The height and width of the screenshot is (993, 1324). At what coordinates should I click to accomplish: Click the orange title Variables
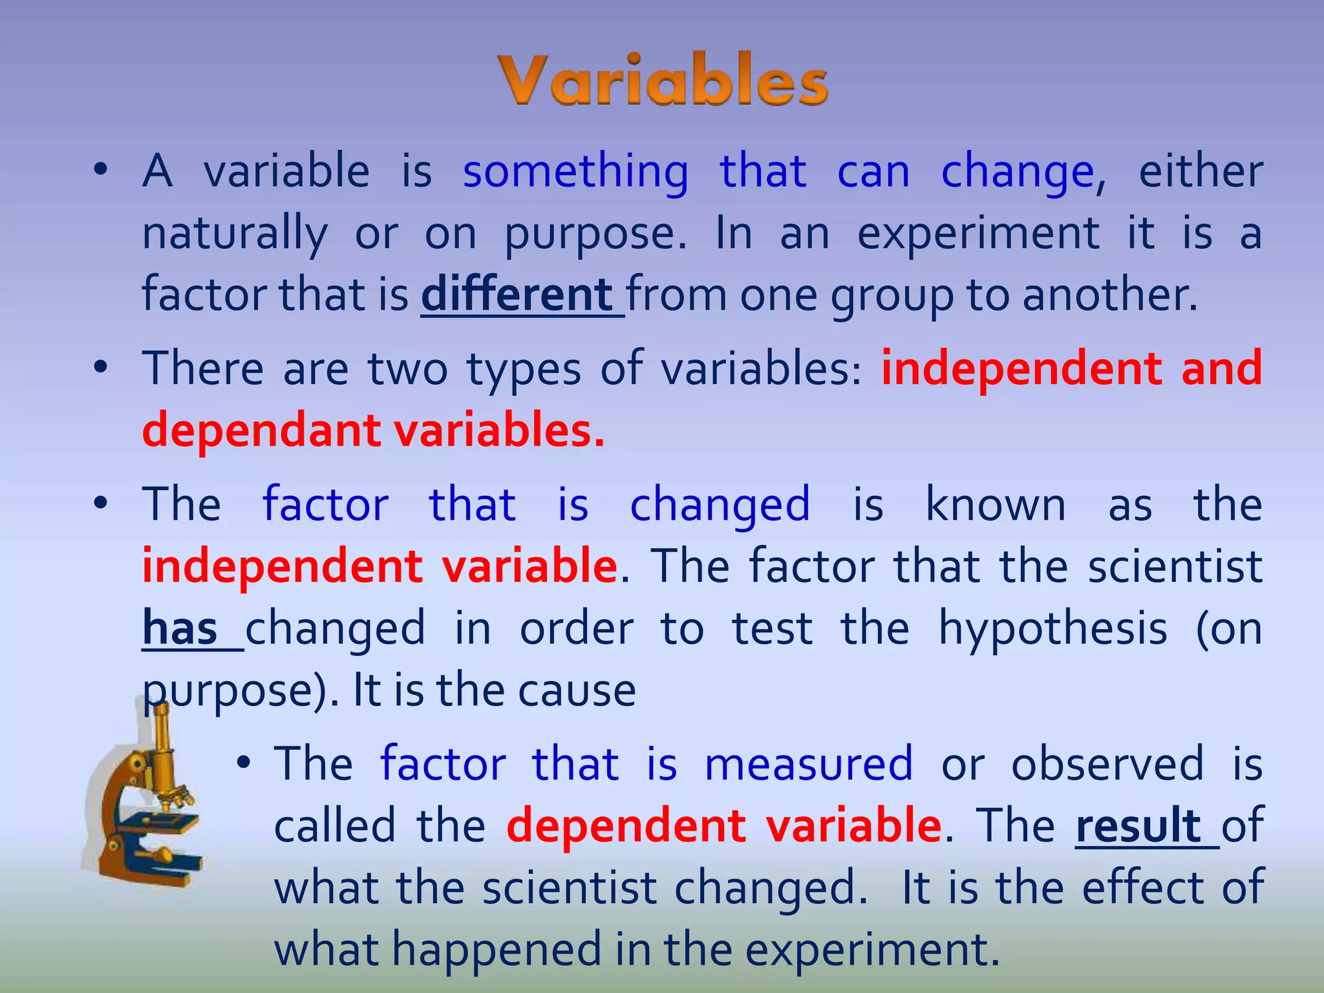(x=663, y=81)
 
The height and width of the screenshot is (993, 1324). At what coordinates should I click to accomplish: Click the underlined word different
(x=517, y=295)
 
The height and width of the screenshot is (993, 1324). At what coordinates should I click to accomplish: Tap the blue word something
(x=575, y=172)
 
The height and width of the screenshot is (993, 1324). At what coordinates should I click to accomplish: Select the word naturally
(x=235, y=234)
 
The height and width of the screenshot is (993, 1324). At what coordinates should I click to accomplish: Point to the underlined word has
(x=180, y=628)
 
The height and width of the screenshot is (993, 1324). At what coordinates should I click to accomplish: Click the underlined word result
(x=1138, y=826)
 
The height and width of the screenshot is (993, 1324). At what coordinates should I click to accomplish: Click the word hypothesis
(x=1052, y=628)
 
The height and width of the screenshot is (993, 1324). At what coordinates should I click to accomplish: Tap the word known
(x=996, y=504)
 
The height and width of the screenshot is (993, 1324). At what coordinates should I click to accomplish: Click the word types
(x=524, y=370)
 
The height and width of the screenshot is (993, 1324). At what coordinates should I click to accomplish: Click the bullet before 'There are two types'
(x=100, y=368)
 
